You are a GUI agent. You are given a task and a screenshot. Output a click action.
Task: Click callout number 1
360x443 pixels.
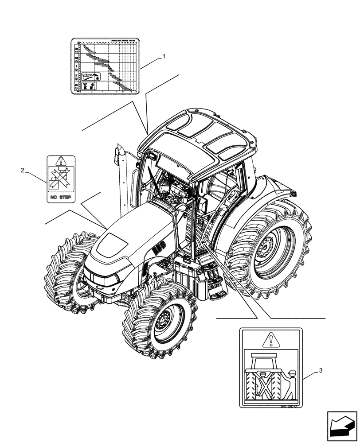coord(164,56)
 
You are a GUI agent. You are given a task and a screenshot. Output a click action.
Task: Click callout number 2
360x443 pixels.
coord(23,170)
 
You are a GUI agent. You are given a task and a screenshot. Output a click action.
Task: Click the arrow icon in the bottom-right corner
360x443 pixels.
coord(342,426)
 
